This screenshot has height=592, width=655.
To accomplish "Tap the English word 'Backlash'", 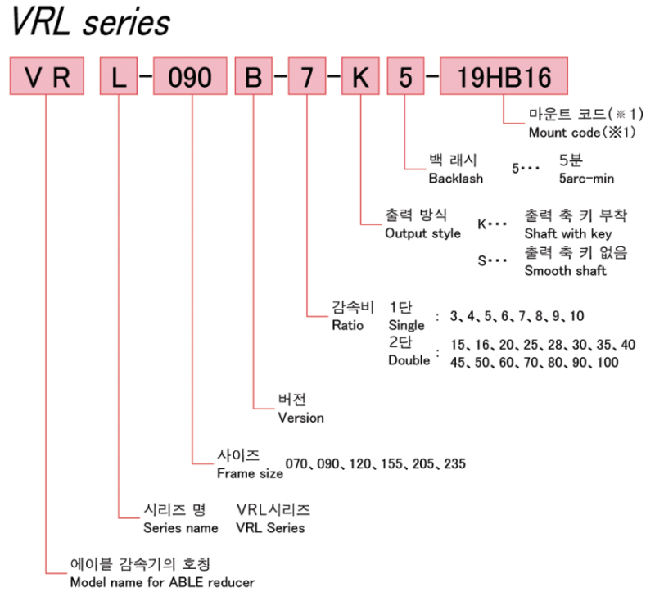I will [456, 178].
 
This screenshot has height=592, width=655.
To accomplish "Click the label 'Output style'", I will [422, 233].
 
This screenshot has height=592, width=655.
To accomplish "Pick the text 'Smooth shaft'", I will [565, 270].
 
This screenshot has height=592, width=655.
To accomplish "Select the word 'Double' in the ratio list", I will [409, 360].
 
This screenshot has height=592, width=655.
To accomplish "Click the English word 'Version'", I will [300, 417].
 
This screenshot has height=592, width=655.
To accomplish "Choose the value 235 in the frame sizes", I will [454, 464].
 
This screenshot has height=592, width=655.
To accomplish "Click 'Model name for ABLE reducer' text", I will [162, 582].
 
